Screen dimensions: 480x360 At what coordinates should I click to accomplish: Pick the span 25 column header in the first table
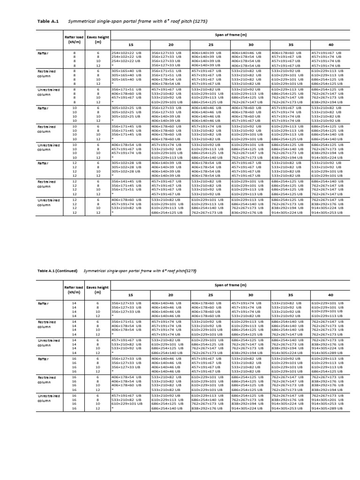(x=210, y=44)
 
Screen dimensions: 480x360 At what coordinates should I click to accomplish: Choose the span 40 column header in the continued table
(x=330, y=295)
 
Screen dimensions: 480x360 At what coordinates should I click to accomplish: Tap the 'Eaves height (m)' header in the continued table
(x=97, y=290)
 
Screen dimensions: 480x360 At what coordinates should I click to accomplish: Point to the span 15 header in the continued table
(x=130, y=295)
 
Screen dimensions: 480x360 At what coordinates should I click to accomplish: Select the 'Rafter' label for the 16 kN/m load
(x=44, y=358)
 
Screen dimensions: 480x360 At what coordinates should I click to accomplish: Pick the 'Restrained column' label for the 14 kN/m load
(x=47, y=324)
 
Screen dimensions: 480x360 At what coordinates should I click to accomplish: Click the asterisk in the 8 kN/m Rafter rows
(x=112, y=66)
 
